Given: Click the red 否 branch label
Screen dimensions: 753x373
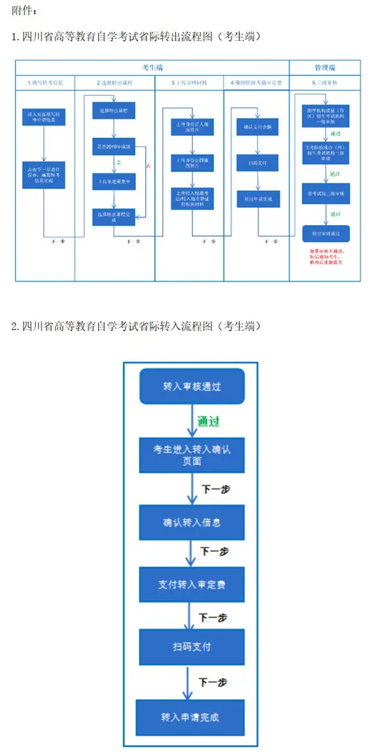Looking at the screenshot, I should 147,165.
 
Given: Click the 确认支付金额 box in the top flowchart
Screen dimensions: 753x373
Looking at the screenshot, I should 257,127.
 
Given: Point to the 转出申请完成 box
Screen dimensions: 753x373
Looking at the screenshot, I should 257,199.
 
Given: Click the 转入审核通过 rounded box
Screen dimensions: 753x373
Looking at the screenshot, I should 192,386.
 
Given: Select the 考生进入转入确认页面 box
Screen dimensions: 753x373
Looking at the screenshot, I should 192,456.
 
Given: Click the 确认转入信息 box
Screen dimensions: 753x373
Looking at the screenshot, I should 192,522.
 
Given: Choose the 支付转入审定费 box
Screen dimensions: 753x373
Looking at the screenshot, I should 192,585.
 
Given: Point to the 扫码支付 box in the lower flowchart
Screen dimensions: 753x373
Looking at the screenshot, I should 192,647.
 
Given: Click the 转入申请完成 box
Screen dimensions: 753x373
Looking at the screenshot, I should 191,717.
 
